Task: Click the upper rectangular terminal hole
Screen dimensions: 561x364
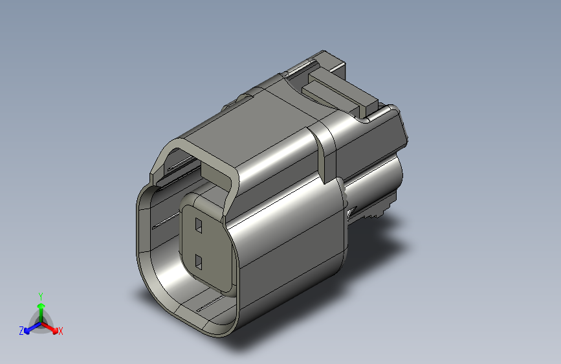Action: (x=199, y=225)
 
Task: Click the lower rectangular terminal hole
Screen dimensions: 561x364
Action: (x=199, y=262)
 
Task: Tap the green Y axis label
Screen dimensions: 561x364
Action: (x=41, y=297)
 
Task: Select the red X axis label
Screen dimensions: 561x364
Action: (x=60, y=332)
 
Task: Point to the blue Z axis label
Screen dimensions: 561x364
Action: (x=21, y=331)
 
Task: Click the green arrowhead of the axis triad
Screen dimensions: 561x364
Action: (x=41, y=306)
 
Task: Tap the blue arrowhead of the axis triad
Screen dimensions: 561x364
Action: (x=27, y=331)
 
